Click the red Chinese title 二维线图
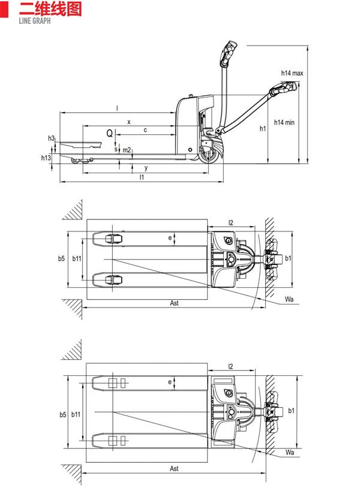coord(50,9)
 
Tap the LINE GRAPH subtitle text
coord(34,21)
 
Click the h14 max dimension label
coord(292,73)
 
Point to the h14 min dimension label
coord(284,122)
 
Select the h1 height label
coord(263,128)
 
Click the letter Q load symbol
coord(109,134)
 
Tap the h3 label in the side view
coord(52,138)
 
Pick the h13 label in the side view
coord(46,158)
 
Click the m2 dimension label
coord(127,150)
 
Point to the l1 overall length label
coord(142,177)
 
